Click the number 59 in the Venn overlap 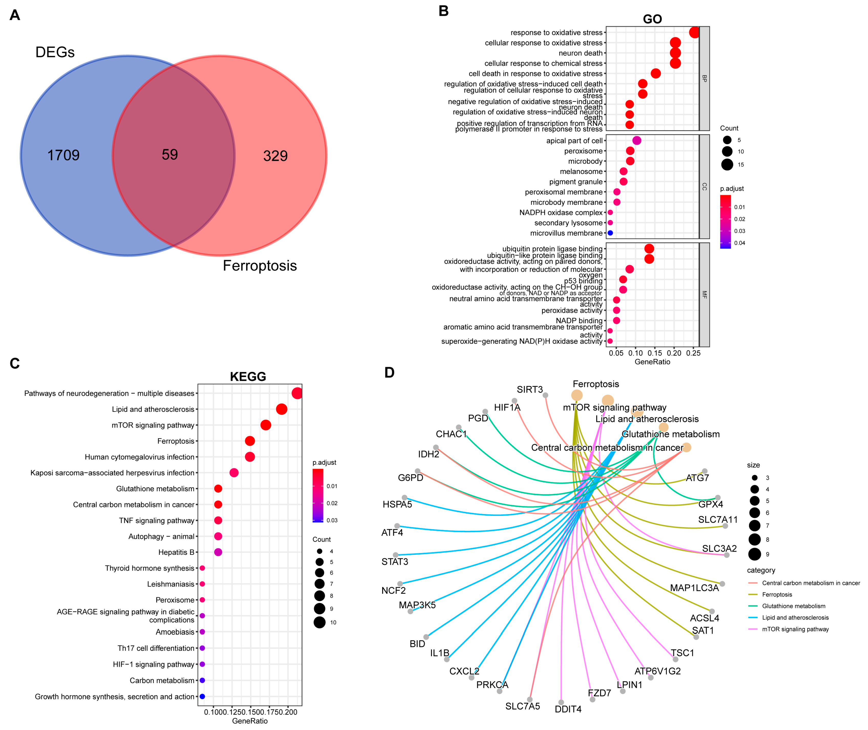169,155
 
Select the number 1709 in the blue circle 63,155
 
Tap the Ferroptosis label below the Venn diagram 260,266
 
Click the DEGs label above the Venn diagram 55,52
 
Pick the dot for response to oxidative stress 694,32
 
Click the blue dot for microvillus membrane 610,233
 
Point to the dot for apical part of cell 637,141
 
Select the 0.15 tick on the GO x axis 655,353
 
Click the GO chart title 652,19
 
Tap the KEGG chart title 248,377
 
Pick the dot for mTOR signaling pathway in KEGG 265,425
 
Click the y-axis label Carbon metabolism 162,680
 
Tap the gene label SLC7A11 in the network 717,520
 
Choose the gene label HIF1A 507,408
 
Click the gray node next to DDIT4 561,702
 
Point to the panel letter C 15,363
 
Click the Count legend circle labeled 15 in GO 727,165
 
